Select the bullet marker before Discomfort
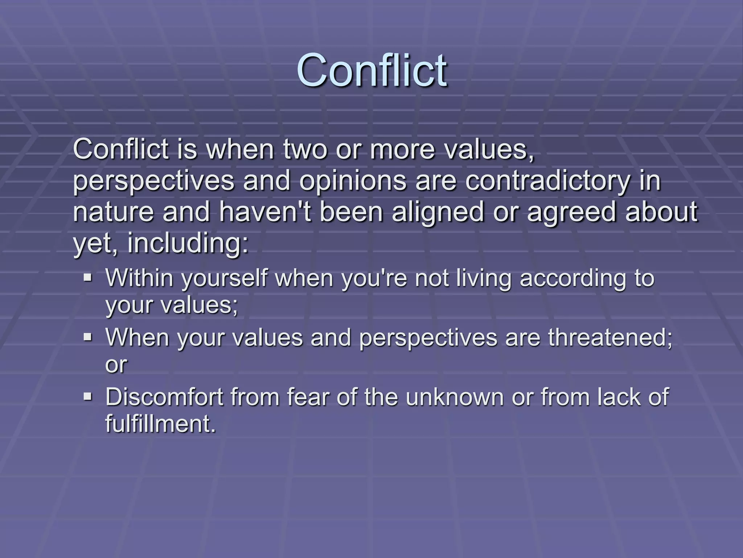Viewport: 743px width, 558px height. [87, 396]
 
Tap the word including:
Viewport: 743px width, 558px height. [188, 244]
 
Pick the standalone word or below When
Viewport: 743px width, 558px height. [116, 365]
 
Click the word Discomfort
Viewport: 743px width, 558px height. [164, 397]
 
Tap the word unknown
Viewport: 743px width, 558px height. [455, 397]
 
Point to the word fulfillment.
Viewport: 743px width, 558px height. [160, 424]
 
